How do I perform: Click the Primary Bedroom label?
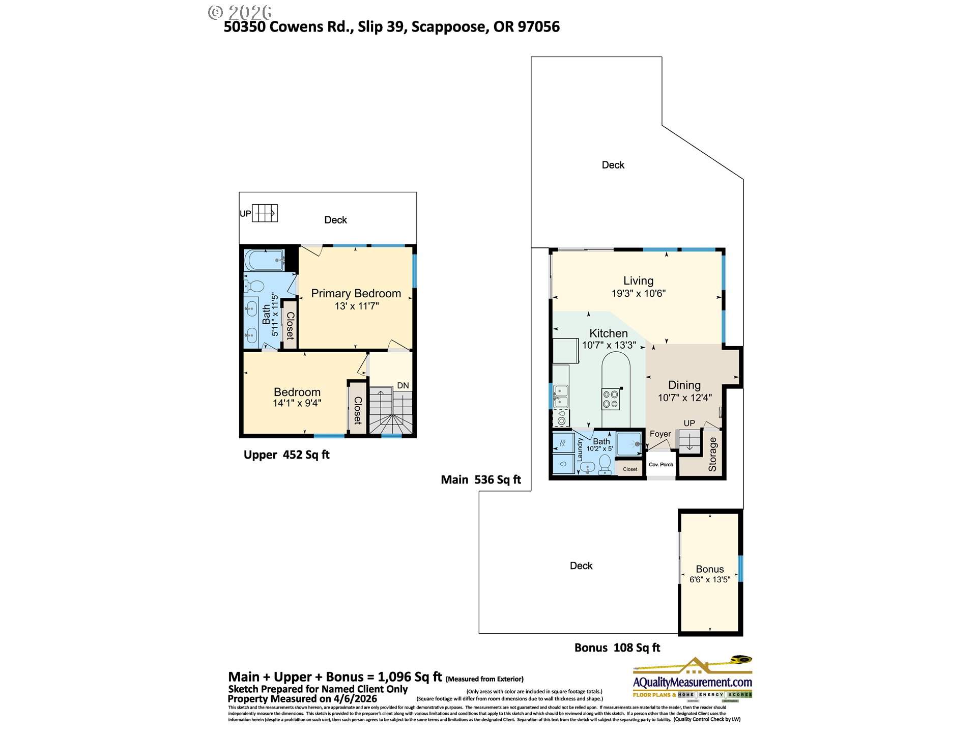click(356, 294)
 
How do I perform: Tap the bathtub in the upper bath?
click(264, 260)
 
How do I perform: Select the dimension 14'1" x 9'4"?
click(297, 403)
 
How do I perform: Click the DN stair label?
click(403, 385)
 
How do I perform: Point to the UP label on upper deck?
click(245, 214)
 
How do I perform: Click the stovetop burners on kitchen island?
click(611, 399)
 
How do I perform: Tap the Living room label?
click(638, 280)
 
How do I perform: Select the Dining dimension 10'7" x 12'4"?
click(684, 398)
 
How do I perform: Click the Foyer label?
click(660, 434)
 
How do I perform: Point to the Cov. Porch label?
click(661, 464)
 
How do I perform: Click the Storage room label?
click(712, 454)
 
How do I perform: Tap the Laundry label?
click(580, 449)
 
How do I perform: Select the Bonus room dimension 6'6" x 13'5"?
click(709, 579)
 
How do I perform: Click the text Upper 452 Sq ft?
click(286, 455)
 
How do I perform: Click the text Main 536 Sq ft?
click(481, 480)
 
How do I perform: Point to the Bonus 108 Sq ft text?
click(617, 647)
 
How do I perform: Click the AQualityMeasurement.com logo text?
click(692, 682)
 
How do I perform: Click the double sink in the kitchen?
click(561, 396)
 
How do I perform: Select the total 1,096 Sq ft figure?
click(410, 677)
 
